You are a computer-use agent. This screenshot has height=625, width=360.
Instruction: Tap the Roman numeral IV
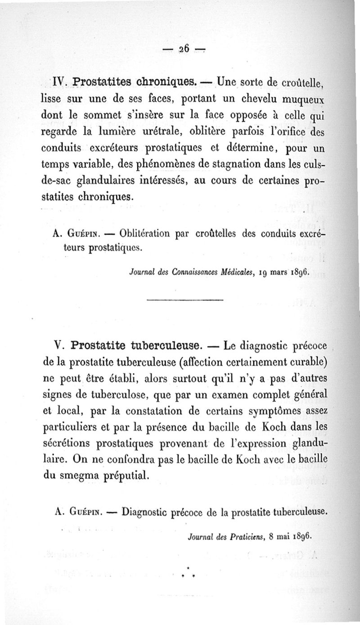pyautogui.click(x=59, y=82)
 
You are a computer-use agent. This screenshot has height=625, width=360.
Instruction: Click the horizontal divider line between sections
pyautogui.click(x=185, y=299)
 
